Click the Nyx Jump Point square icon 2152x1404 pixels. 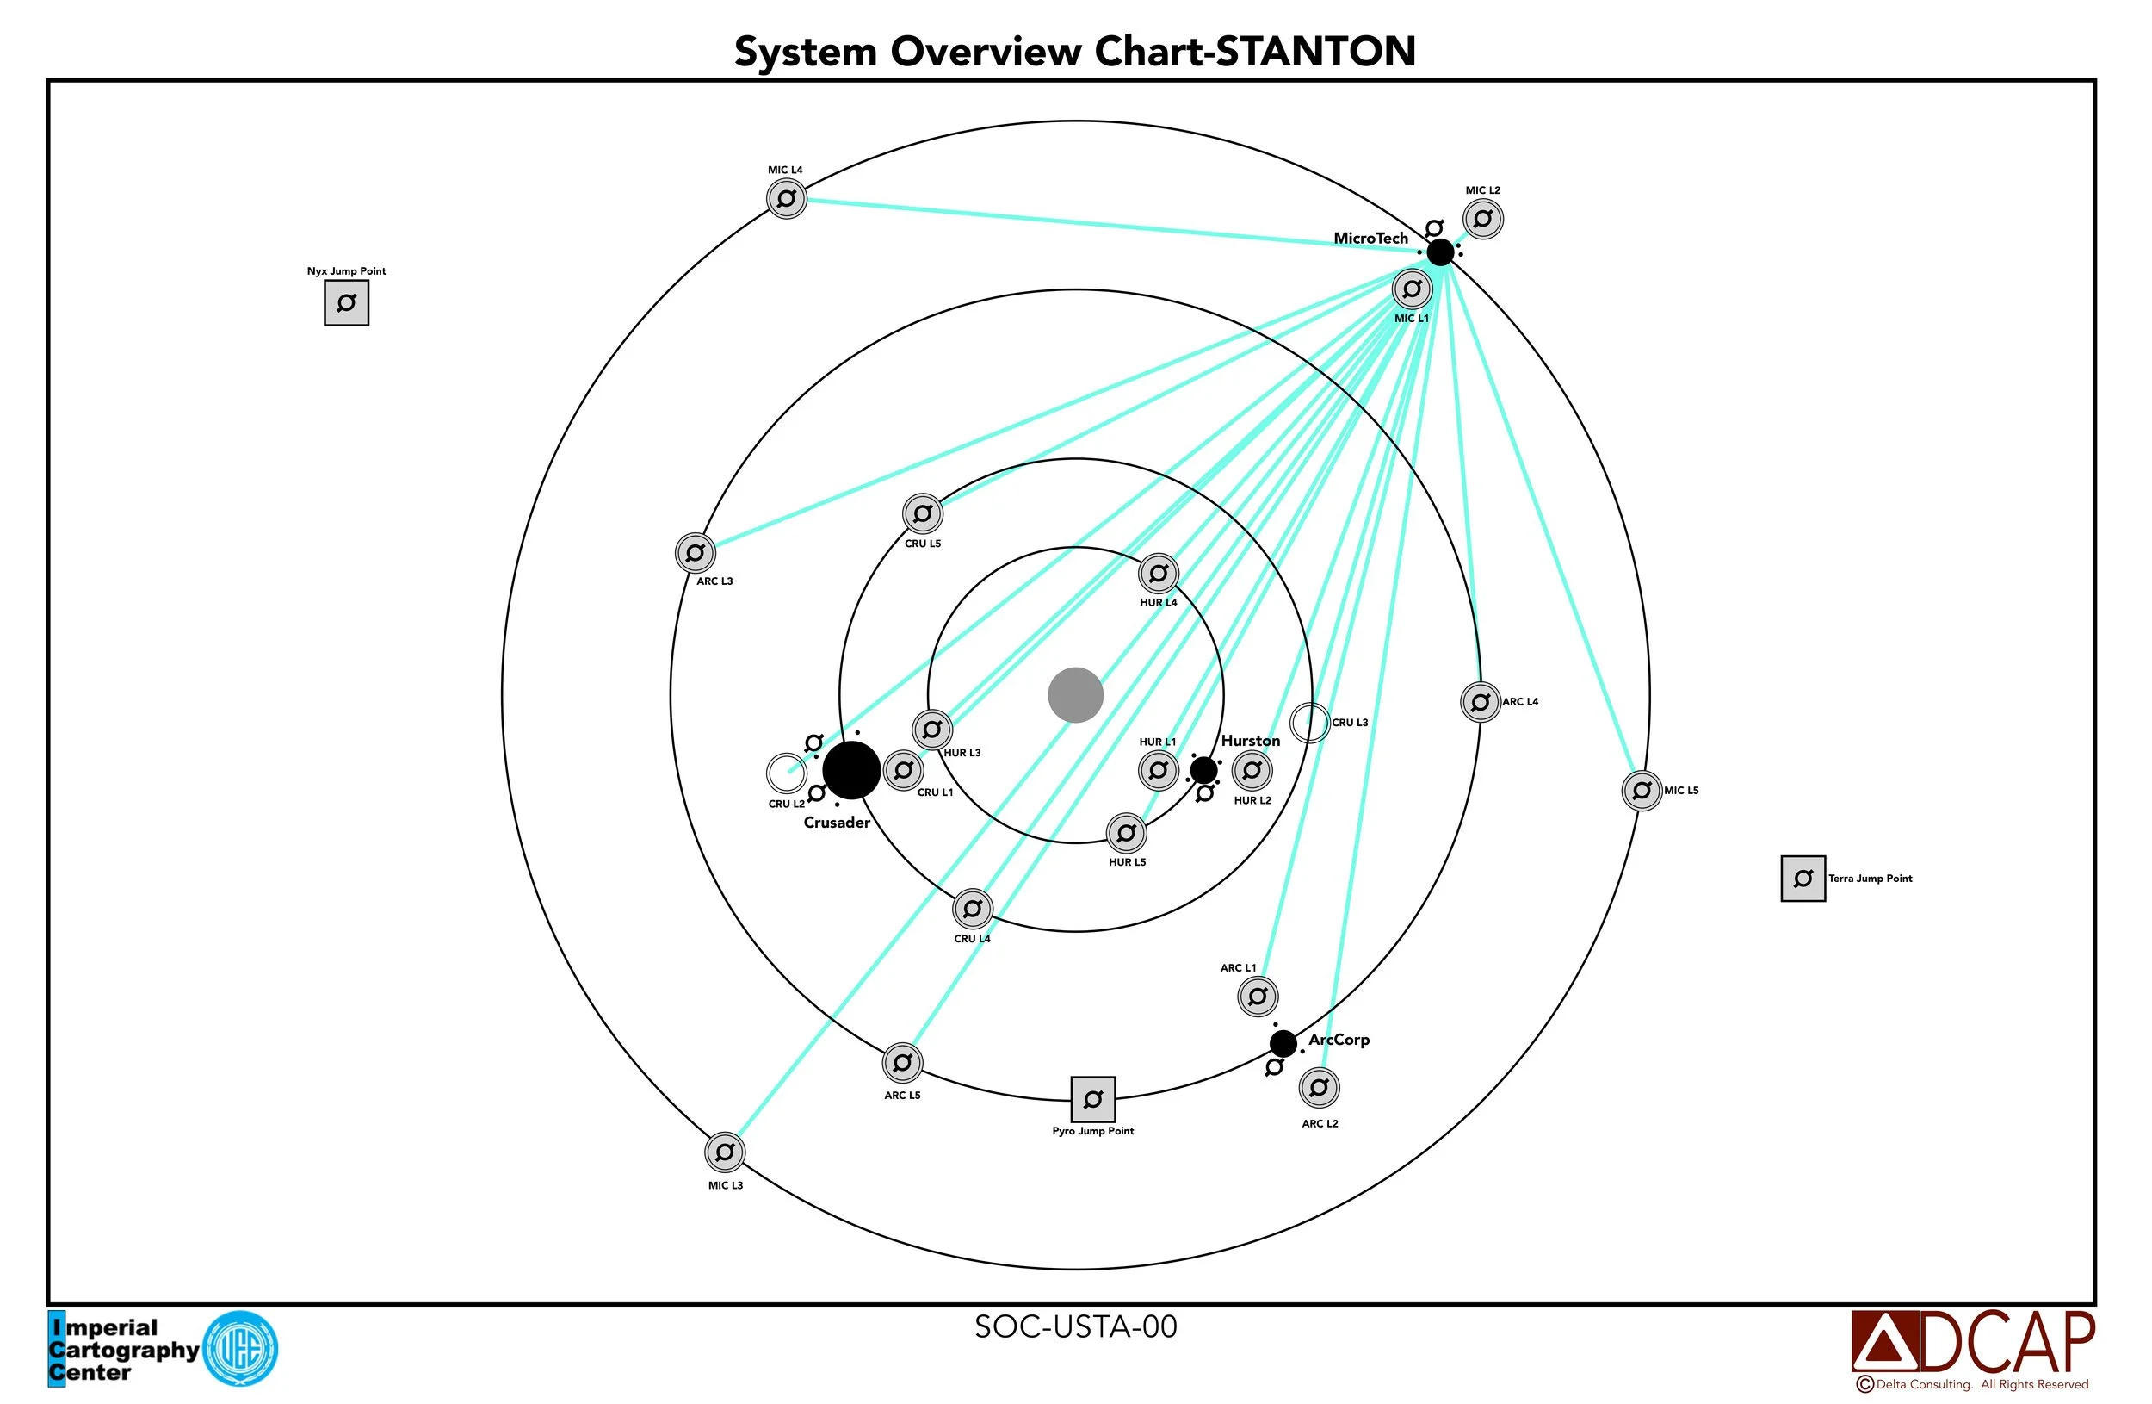click(x=346, y=303)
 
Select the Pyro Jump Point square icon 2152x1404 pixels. click(x=1092, y=1099)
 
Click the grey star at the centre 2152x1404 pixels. click(x=1075, y=696)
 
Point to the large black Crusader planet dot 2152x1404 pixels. click(x=850, y=770)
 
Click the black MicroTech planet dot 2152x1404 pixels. click(x=1439, y=252)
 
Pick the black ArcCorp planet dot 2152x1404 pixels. click(x=1282, y=1043)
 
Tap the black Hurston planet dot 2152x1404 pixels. click(x=1203, y=770)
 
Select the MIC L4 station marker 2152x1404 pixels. click(x=786, y=198)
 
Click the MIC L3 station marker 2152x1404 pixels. click(x=724, y=1152)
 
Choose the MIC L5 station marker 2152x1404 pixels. click(x=1642, y=791)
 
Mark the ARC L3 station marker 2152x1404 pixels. click(x=696, y=552)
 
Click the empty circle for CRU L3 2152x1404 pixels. click(x=1309, y=723)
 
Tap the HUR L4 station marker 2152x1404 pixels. click(x=1159, y=573)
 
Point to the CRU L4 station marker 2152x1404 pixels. click(x=972, y=908)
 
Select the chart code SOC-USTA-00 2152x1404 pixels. click(x=1075, y=1327)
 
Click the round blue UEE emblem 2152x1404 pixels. click(x=239, y=1349)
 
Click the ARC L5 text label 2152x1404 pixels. click(x=901, y=1096)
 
